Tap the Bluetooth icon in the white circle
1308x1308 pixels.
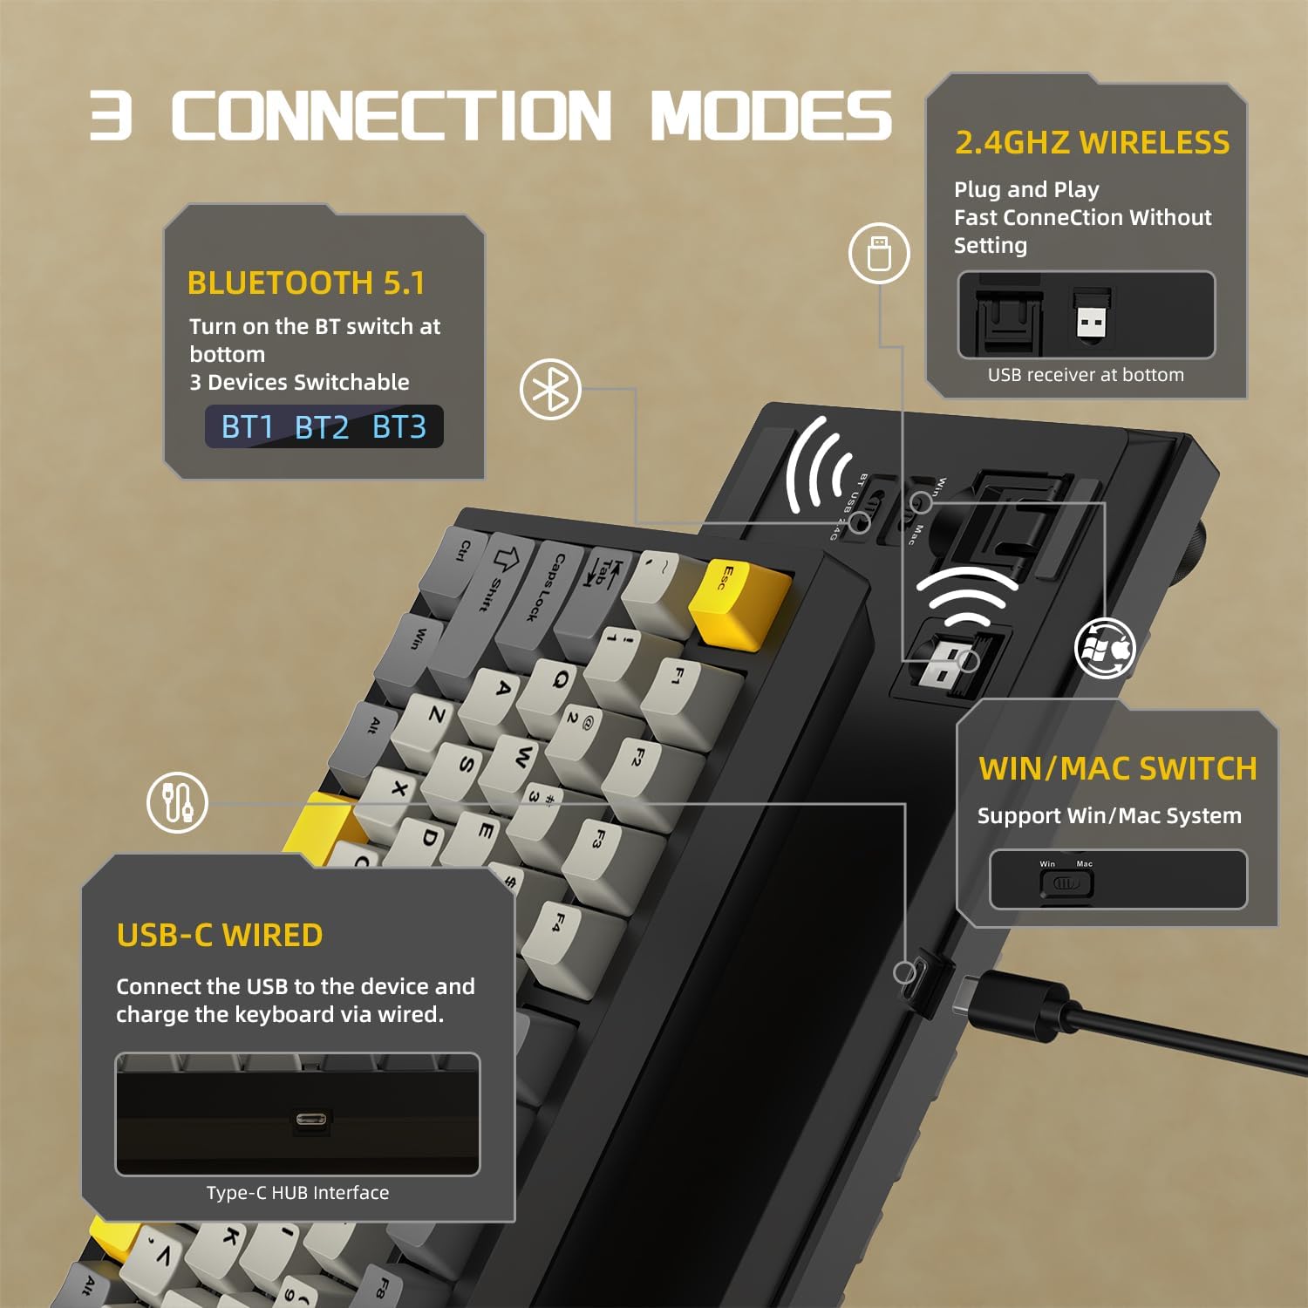click(550, 389)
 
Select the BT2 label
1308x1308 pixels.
click(322, 427)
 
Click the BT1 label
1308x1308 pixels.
click(248, 427)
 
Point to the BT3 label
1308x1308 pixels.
click(399, 427)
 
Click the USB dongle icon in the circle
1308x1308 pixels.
click(879, 253)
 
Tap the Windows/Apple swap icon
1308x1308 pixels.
click(1105, 649)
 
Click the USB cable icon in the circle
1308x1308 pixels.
click(177, 802)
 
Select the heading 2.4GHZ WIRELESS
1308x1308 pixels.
click(1092, 142)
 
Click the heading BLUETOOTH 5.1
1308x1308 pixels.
click(306, 283)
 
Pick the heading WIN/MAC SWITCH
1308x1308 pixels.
click(1117, 768)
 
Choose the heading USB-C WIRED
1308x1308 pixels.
click(220, 935)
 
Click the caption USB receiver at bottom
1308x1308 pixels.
click(1086, 375)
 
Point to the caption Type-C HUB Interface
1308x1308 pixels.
click(297, 1193)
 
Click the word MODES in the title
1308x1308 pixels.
click(771, 116)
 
